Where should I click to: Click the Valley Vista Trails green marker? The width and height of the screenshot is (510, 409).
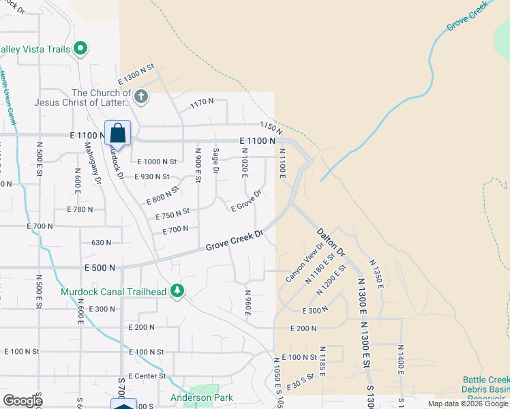(80, 48)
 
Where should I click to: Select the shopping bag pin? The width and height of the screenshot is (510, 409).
(117, 134)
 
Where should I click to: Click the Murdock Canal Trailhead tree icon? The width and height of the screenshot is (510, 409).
(177, 291)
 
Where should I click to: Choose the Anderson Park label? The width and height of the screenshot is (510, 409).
(201, 397)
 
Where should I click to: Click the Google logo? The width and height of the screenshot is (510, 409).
(22, 401)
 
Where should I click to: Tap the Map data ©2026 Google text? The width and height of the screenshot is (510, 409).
(467, 404)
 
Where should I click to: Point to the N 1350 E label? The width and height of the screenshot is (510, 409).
(376, 272)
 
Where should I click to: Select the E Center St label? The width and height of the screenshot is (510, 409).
(143, 376)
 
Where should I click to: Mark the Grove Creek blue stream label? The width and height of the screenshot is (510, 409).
(468, 18)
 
